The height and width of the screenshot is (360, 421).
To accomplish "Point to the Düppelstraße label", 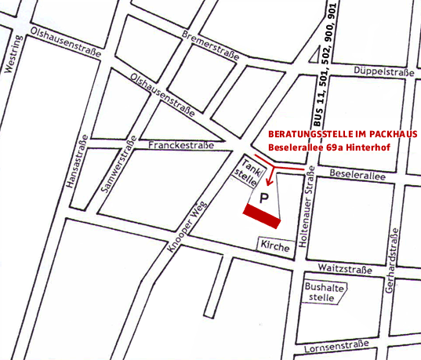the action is [x=383, y=71].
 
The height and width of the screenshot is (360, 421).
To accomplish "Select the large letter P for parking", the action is [x=265, y=199].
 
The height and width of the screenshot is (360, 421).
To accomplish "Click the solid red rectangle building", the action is [x=262, y=213].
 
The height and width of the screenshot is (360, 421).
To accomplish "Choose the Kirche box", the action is [x=276, y=246].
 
